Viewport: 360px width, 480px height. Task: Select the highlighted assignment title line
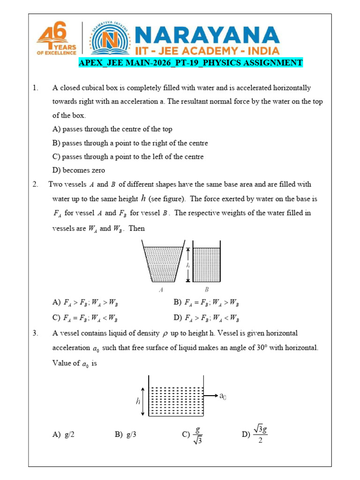pos(190,63)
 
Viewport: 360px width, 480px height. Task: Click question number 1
pos(35,88)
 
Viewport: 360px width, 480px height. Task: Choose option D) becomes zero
pos(78,170)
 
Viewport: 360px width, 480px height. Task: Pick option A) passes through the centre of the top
pos(112,129)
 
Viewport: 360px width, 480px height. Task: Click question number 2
pos(35,185)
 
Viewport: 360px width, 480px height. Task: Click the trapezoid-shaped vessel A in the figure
pos(162,262)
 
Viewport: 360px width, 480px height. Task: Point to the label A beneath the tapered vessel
pos(161,290)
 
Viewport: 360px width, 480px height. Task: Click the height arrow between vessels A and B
pos(188,264)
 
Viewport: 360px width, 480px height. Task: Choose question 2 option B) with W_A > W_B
pos(206,303)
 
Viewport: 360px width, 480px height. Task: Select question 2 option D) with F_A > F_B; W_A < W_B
pos(206,318)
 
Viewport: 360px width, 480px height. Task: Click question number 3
pos(35,333)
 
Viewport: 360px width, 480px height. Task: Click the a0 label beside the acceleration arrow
pos(224,396)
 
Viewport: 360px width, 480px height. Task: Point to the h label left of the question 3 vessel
pos(137,401)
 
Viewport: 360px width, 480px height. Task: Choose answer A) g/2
pos(64,435)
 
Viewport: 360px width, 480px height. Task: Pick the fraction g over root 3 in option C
pos(197,435)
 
